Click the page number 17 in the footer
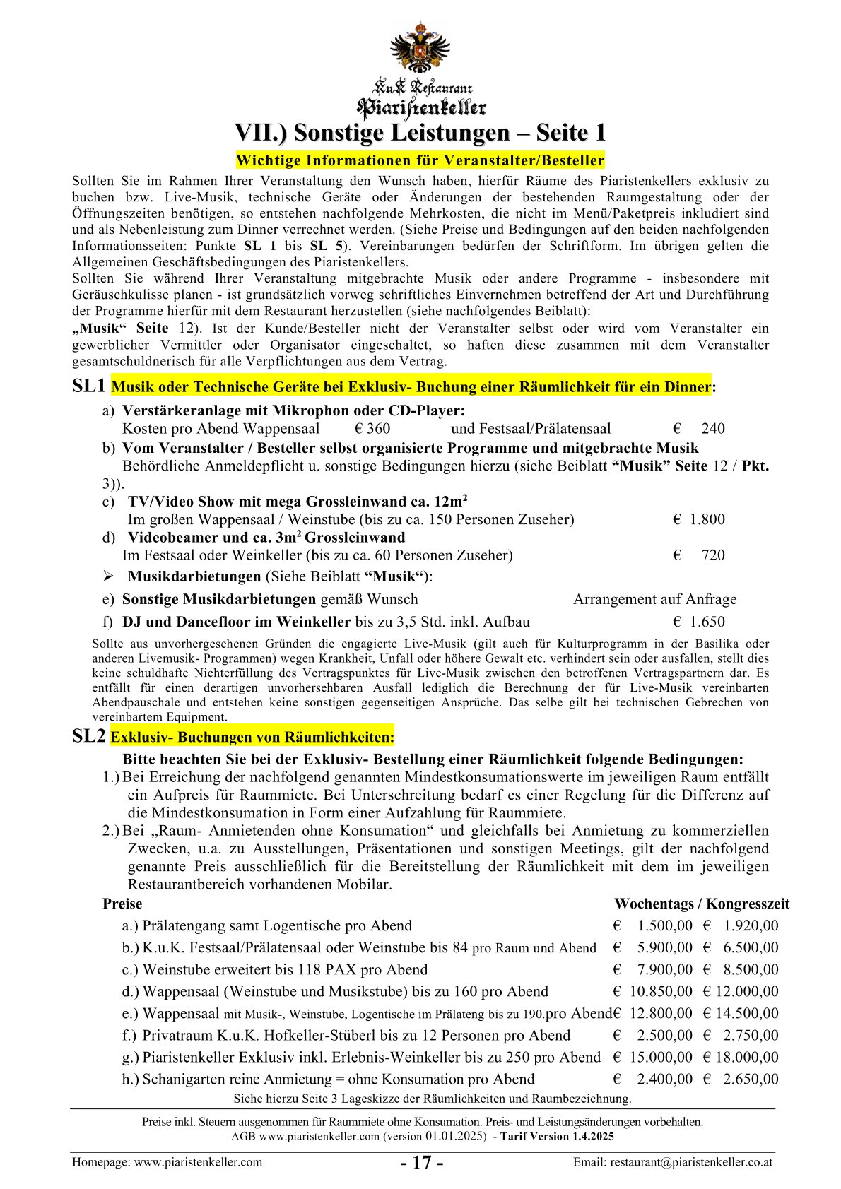pos(421,1163)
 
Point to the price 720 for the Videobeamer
pos(712,555)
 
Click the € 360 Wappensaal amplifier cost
pos(372,428)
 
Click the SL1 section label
pos(90,386)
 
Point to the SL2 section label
pos(90,736)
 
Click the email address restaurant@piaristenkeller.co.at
pos(690,1162)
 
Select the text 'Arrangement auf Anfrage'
pos(654,599)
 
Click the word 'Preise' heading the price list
pos(122,904)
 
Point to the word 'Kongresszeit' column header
pos(748,904)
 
